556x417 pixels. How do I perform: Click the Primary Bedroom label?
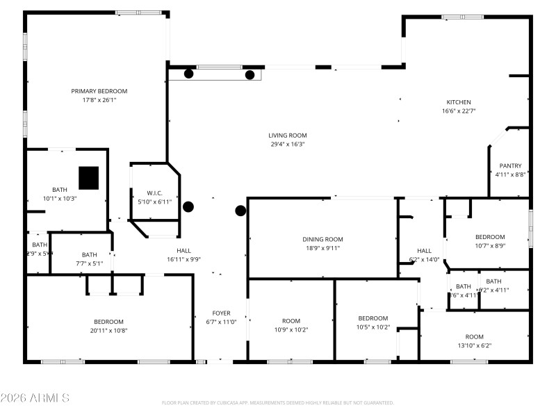tap(99, 91)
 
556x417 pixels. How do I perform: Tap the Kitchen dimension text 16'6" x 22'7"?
tap(459, 111)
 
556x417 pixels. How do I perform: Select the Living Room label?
tap(288, 136)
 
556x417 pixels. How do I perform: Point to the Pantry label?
tap(510, 166)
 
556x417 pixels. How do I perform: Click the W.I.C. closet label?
tap(154, 193)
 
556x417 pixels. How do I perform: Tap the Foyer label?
tap(221, 313)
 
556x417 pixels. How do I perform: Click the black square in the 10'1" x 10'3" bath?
tap(88, 178)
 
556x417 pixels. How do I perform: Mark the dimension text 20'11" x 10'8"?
tap(109, 330)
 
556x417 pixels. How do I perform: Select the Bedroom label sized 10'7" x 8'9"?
tap(490, 236)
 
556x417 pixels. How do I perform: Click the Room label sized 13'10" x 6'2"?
tap(474, 336)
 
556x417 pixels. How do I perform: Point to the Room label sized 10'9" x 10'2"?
tap(291, 320)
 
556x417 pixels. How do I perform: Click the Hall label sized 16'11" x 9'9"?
tap(183, 251)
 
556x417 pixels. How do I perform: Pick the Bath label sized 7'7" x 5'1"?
tap(89, 254)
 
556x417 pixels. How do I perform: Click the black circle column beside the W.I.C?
tap(188, 206)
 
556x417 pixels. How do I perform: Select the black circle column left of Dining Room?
tap(240, 211)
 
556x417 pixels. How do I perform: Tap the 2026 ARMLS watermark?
tap(35, 398)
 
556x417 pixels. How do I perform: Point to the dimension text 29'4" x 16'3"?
tap(288, 145)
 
